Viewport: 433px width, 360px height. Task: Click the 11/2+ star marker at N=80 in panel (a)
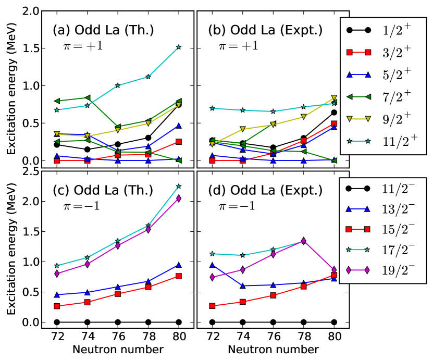coord(179,47)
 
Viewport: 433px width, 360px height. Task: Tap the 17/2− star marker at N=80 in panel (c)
coord(179,186)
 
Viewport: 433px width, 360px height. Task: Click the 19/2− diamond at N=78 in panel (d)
coord(303,241)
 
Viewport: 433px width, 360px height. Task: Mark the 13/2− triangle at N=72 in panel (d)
coord(213,265)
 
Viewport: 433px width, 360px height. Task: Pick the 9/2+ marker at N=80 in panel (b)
coord(333,98)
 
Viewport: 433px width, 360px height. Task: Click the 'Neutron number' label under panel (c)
coord(117,349)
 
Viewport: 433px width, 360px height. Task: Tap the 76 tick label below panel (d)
coord(273,337)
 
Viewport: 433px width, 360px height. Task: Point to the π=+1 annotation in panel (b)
coord(238,45)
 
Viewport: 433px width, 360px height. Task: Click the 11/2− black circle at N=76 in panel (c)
coord(118,322)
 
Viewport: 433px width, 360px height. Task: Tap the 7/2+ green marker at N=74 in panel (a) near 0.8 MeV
coord(87,98)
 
